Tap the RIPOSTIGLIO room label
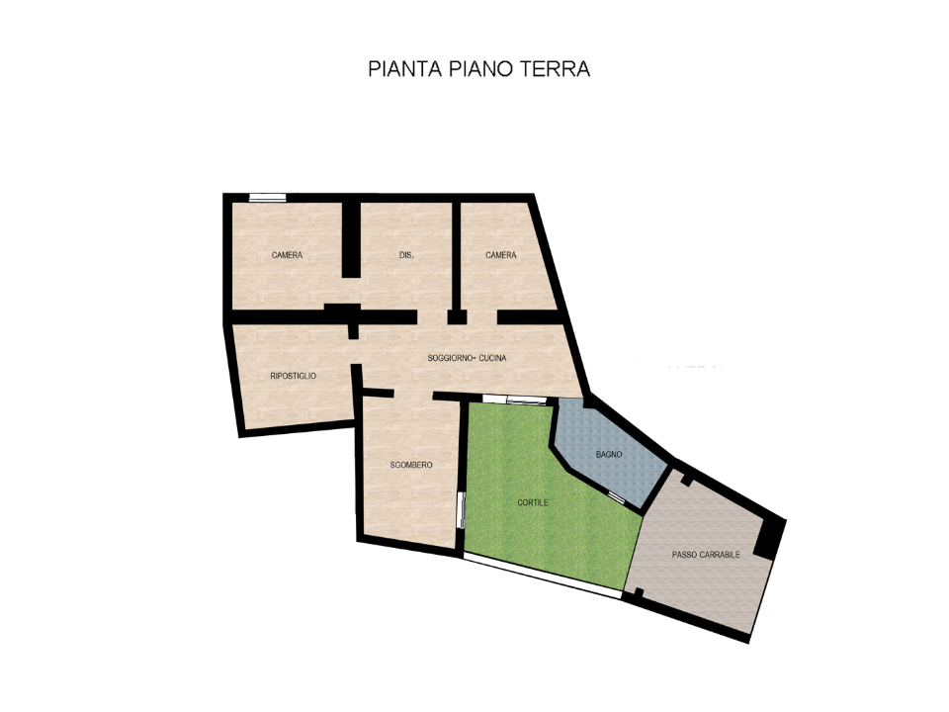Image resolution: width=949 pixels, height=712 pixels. tap(293, 376)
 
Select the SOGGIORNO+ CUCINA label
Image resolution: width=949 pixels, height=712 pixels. tap(467, 358)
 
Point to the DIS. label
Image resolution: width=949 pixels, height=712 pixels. tap(406, 255)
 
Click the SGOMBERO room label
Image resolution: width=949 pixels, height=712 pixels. tap(410, 465)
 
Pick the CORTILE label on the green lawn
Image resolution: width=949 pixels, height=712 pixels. tap(532, 502)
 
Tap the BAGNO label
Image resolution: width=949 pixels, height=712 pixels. tap(609, 454)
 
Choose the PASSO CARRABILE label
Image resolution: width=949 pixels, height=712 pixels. tap(706, 555)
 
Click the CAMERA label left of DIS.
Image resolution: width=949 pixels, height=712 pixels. tap(287, 255)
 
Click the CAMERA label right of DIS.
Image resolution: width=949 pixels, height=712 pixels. tap(500, 255)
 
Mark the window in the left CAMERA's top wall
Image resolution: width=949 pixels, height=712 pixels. tap(267, 198)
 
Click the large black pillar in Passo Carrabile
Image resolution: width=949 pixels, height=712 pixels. tap(768, 538)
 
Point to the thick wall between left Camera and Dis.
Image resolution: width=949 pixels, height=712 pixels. tap(349, 239)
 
